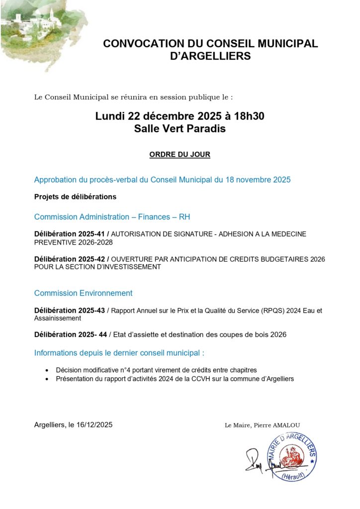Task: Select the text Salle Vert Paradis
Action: click(x=180, y=129)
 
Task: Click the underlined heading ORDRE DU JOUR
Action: click(x=180, y=155)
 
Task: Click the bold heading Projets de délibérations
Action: click(x=75, y=196)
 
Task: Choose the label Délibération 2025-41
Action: click(x=70, y=234)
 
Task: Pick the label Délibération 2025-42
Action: click(x=70, y=258)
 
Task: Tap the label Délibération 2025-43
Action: click(x=70, y=310)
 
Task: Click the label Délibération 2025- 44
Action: click(x=71, y=335)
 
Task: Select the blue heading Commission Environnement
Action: click(x=83, y=293)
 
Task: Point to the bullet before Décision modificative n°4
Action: click(x=46, y=370)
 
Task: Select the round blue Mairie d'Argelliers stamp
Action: click(x=291, y=456)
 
